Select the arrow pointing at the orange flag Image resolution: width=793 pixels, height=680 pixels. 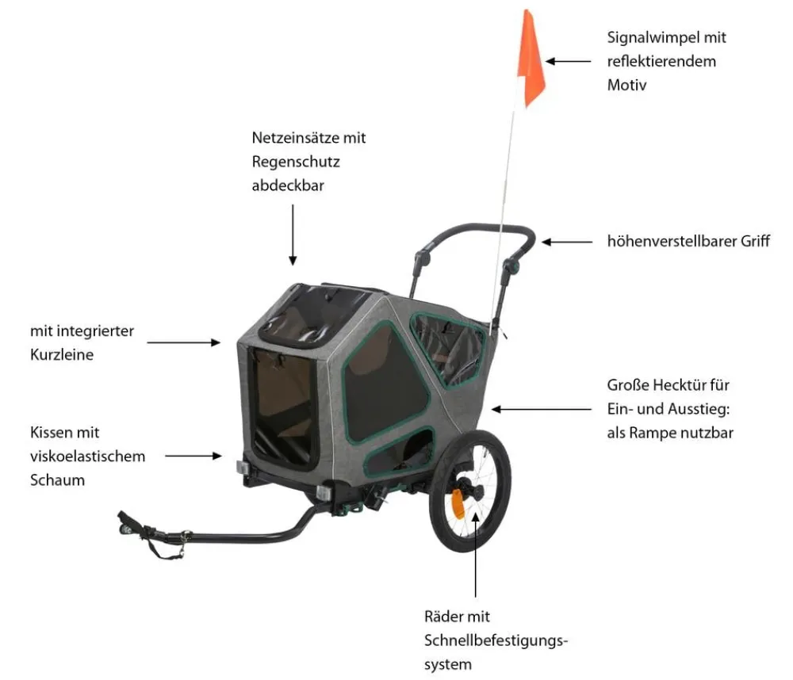pos(568,61)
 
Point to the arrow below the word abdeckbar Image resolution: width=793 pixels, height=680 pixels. pos(293,235)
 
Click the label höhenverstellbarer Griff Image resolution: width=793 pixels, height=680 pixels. pos(688,241)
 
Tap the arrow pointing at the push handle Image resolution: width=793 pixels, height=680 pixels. pos(567,243)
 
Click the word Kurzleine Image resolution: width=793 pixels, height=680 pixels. pos(62,354)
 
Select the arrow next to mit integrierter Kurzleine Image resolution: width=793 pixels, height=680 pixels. pos(184,342)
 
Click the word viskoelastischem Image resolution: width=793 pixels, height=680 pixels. pos(87,456)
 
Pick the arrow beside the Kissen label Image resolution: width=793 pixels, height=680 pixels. pos(193,456)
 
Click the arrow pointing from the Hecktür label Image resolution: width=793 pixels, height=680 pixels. pos(542,409)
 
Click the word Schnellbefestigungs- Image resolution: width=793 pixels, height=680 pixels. pos(496,640)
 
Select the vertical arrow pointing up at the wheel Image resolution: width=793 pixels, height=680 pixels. pos(475,554)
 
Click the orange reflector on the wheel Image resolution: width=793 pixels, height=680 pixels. pos(458,504)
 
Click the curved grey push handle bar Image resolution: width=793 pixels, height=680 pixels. pos(475,229)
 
